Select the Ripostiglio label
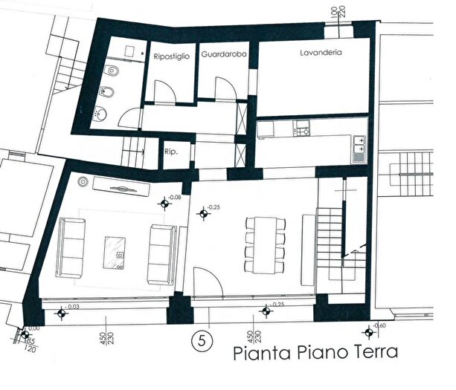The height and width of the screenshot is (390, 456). click(x=173, y=56)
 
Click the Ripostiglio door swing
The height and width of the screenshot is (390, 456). click(x=165, y=92)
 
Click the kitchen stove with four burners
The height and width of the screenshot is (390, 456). click(x=303, y=130)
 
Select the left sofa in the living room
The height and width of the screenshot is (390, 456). click(x=71, y=246)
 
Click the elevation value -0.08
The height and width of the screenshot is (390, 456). click(x=176, y=197)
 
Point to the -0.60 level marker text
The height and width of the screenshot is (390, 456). click(x=379, y=326)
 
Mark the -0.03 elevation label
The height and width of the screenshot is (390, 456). click(x=72, y=307)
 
